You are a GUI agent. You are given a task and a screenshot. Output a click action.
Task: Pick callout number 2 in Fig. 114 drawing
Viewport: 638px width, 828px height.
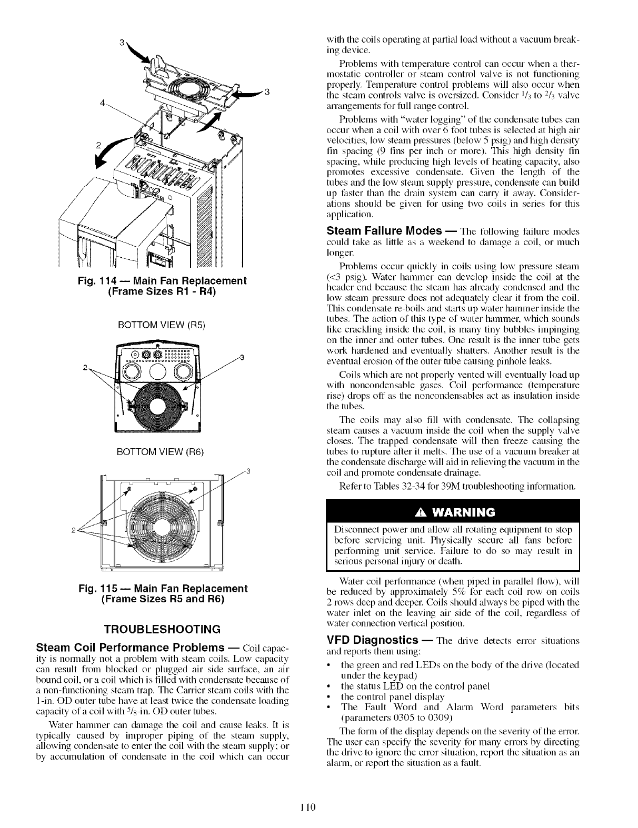[98, 147]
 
